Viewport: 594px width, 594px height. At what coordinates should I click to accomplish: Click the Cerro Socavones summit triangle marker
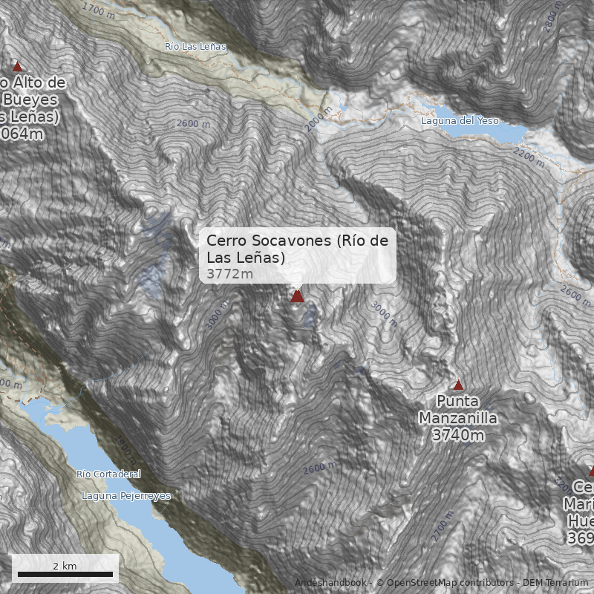297,296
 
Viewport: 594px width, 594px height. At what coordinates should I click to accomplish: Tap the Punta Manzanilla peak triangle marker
458,385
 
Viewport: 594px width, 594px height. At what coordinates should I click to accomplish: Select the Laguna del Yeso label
460,120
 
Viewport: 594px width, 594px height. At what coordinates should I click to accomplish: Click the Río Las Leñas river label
195,46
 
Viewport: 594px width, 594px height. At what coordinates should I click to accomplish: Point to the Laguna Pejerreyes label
126,496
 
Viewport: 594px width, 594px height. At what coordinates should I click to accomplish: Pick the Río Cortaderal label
108,474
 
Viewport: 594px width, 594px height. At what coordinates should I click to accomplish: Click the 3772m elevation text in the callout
229,274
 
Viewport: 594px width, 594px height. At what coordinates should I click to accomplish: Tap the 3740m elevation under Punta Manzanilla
458,435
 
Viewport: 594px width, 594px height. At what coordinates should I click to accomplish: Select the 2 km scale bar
65,573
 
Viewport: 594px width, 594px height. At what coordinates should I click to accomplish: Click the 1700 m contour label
99,10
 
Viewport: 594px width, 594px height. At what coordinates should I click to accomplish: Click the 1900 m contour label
125,448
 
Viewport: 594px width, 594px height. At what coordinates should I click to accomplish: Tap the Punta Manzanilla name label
458,411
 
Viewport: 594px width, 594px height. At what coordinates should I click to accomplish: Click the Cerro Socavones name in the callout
297,249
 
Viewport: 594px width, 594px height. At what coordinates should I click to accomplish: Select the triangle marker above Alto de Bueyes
18,66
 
